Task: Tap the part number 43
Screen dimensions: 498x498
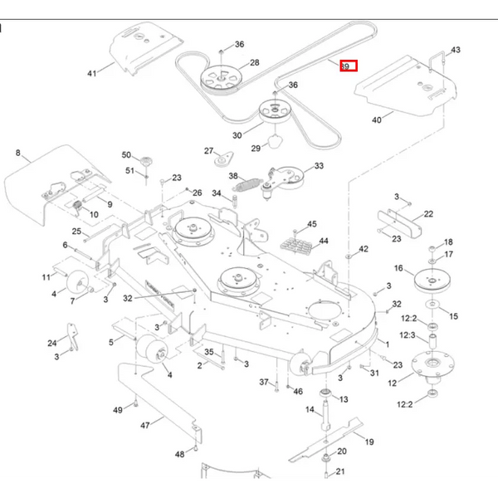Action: pyautogui.click(x=454, y=49)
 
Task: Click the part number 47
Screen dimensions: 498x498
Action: pyautogui.click(x=144, y=426)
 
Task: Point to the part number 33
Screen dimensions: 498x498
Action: pyautogui.click(x=319, y=167)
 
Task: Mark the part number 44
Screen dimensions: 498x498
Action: pyautogui.click(x=324, y=241)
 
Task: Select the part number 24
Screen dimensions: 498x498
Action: pyautogui.click(x=51, y=343)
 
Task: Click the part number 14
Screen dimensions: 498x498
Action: pyautogui.click(x=309, y=409)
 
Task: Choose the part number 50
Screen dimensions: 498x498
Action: pyautogui.click(x=127, y=155)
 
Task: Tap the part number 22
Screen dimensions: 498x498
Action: pyautogui.click(x=428, y=214)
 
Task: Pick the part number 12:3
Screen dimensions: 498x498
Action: pyautogui.click(x=407, y=334)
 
